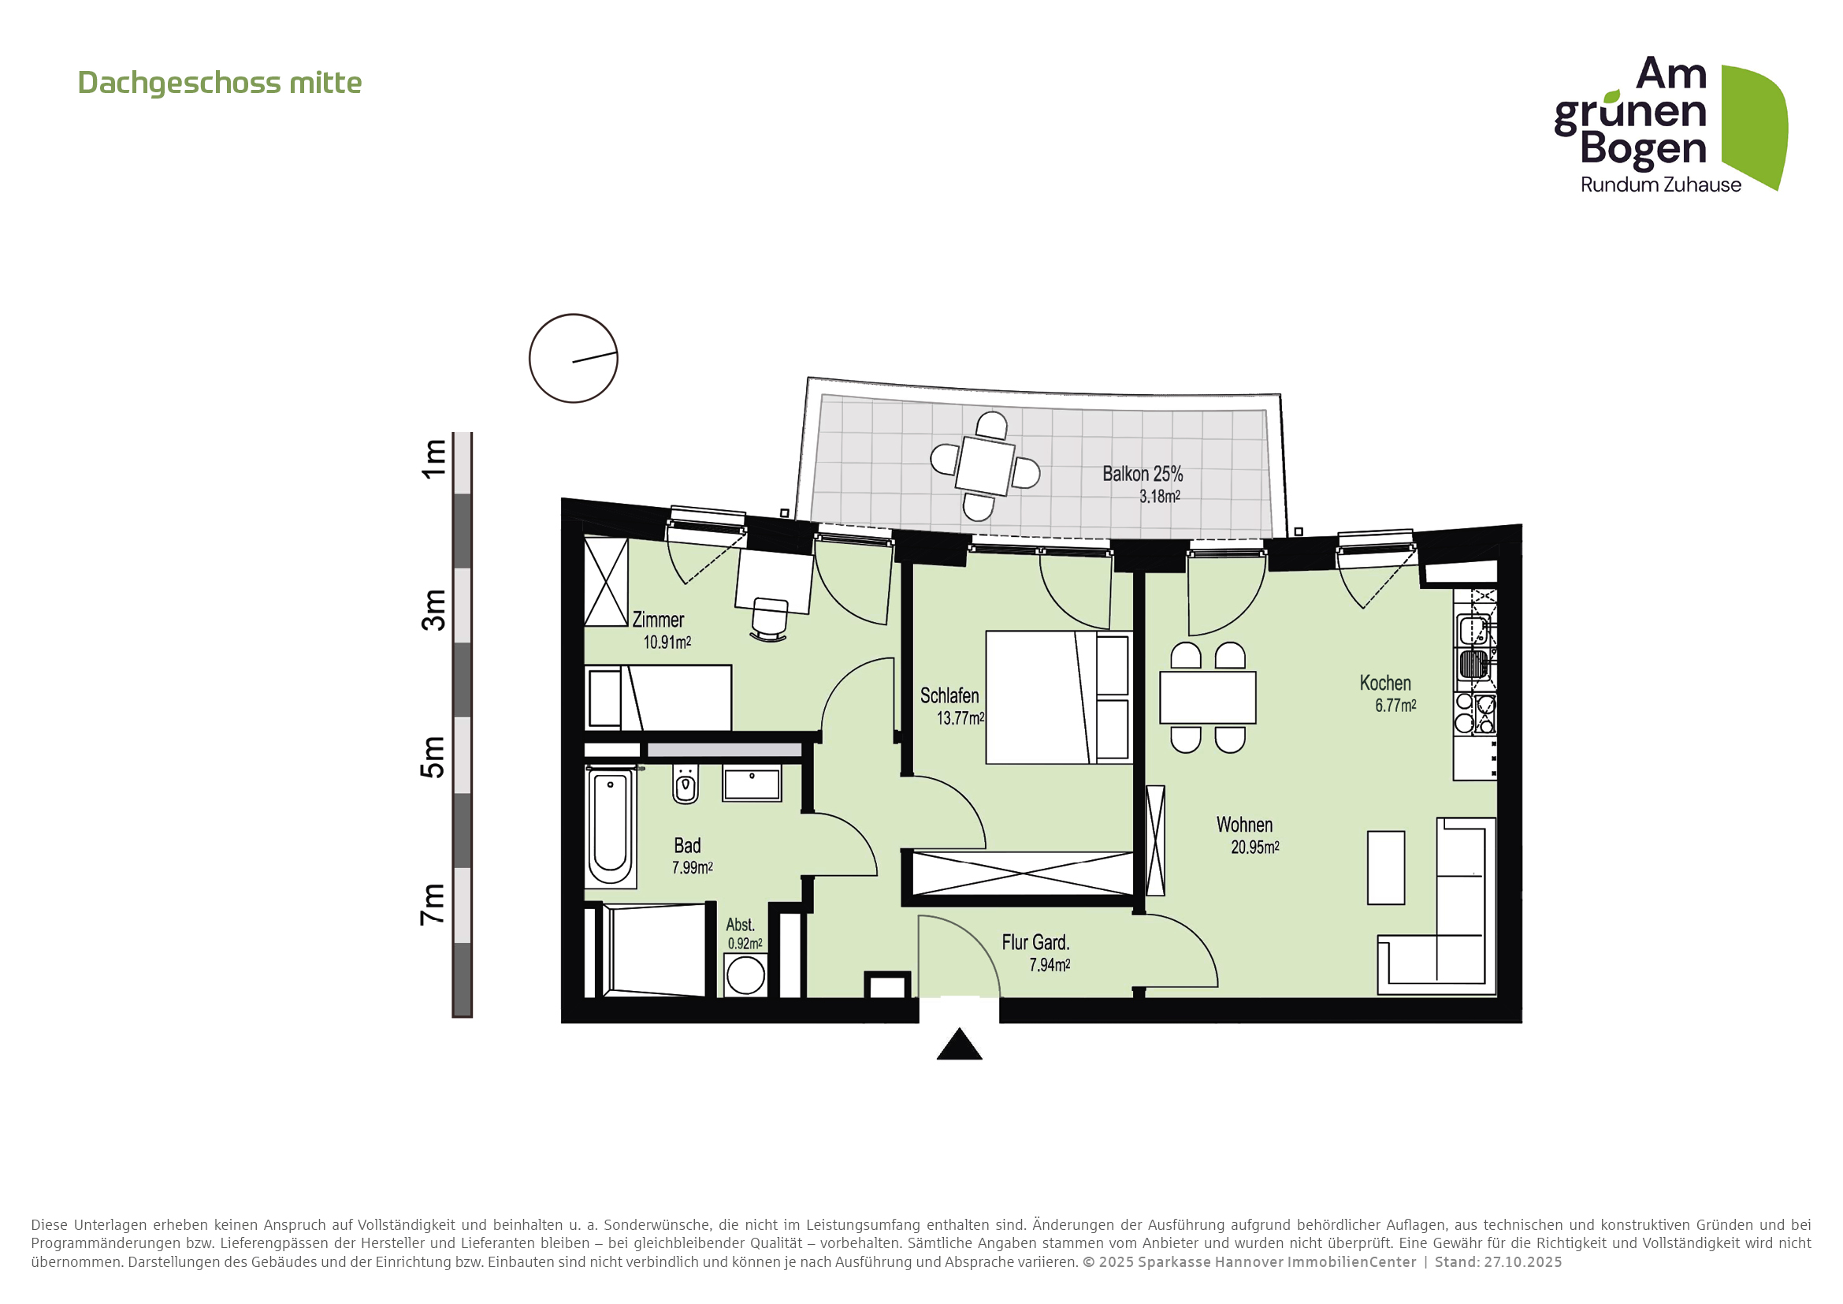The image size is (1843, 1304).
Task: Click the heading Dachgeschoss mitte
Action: tap(219, 84)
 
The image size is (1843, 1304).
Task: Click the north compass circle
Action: tap(573, 358)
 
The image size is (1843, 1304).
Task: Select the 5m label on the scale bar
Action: tap(433, 756)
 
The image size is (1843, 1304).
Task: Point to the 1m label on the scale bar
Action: tap(433, 459)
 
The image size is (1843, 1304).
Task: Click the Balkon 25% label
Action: tap(1142, 474)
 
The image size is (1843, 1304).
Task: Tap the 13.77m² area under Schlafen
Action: tap(960, 719)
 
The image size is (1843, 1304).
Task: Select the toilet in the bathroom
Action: tap(685, 784)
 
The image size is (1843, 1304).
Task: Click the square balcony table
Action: tap(985, 466)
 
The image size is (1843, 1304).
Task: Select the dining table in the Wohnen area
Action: tap(1207, 698)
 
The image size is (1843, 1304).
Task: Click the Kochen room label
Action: tap(1384, 684)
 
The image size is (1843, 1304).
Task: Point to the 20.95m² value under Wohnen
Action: tap(1254, 847)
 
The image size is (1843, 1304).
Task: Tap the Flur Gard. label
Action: tap(1035, 943)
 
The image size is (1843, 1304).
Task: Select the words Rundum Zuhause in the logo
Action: tap(1660, 184)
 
